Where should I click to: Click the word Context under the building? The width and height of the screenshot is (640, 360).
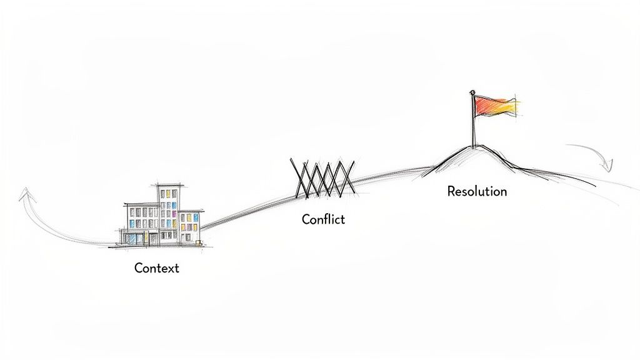coord(156,268)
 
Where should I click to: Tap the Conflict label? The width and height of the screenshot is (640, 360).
coord(323,219)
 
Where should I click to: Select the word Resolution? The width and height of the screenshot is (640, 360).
coord(477,191)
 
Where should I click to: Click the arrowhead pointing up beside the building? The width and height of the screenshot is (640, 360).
coord(24,196)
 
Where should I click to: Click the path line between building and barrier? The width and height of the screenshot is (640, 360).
coord(250,206)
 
